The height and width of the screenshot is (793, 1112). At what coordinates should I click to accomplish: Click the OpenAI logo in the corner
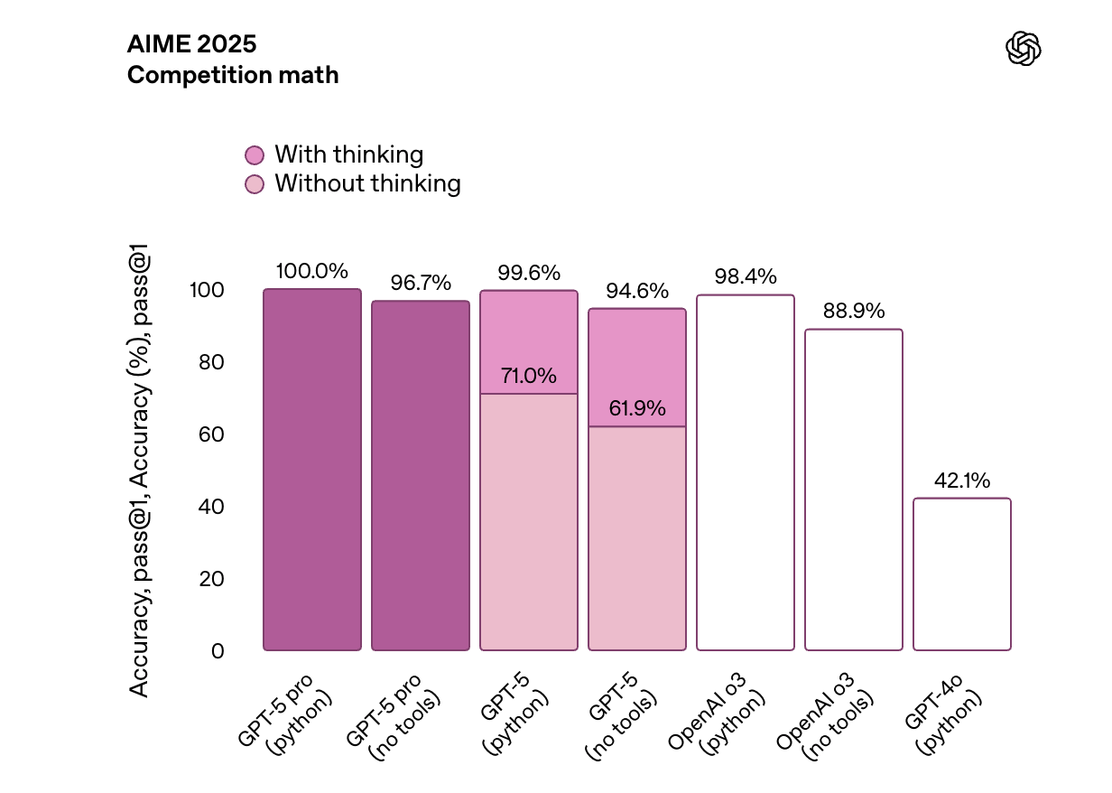click(x=1023, y=49)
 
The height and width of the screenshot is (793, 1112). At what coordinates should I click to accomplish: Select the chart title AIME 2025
click(x=191, y=44)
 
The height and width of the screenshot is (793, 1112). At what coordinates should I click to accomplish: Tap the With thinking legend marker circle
click(x=255, y=155)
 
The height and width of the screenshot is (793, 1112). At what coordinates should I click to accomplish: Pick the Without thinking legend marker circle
click(x=255, y=184)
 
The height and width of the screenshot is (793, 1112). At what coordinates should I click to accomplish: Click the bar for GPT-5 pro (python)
click(x=312, y=470)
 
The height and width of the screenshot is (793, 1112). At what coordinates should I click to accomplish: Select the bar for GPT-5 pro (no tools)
click(x=421, y=476)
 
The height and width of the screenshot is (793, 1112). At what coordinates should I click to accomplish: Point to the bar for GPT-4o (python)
click(x=962, y=574)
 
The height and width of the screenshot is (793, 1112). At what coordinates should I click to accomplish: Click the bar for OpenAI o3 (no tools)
click(x=854, y=490)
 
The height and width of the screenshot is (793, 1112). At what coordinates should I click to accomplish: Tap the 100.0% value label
click(x=312, y=271)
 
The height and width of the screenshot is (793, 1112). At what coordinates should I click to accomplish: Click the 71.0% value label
click(x=529, y=376)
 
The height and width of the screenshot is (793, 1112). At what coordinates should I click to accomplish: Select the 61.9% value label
click(x=637, y=408)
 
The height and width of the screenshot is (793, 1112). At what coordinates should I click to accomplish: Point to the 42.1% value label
click(x=962, y=480)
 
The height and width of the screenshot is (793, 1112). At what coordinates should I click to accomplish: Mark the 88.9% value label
click(x=854, y=312)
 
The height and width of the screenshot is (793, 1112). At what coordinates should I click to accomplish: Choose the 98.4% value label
click(x=746, y=277)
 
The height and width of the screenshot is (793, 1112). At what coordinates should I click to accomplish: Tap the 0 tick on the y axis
click(x=218, y=651)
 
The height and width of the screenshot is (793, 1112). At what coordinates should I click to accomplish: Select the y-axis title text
click(x=139, y=470)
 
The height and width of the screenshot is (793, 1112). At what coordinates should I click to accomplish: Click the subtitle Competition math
click(x=233, y=75)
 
